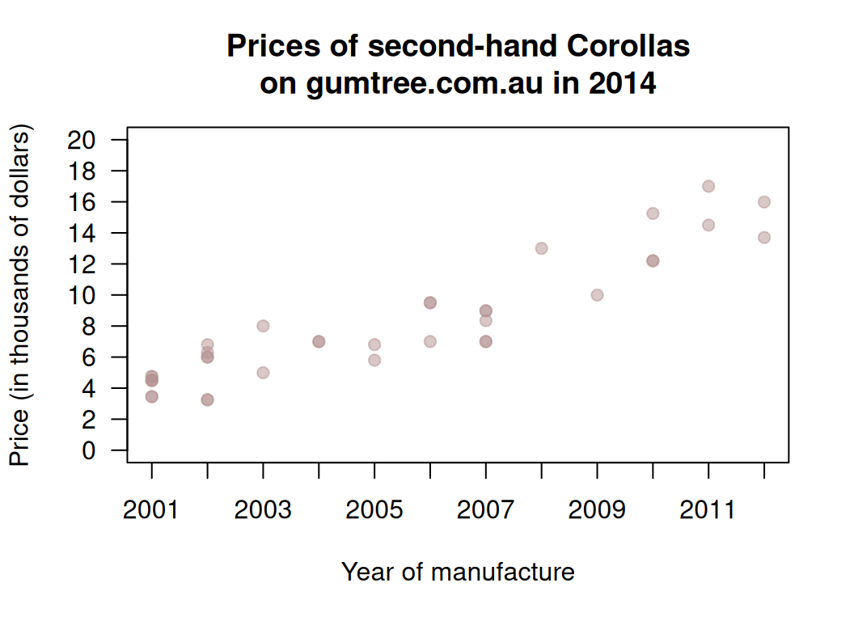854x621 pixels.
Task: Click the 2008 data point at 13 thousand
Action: (542, 248)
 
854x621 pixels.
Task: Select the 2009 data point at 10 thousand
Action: (598, 295)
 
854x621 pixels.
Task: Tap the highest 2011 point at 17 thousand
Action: (708, 186)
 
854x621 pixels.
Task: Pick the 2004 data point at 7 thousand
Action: (319, 341)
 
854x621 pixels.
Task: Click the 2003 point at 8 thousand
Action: (263, 326)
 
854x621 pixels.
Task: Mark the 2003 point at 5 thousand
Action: (263, 373)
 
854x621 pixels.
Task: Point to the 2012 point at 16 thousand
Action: (764, 202)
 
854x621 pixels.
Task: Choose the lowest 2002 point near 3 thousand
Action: (207, 399)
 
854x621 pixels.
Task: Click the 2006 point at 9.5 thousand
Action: (430, 302)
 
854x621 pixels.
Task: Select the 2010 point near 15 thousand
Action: (653, 213)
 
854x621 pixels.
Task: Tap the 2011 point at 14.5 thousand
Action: (708, 225)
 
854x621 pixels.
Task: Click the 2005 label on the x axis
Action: (374, 510)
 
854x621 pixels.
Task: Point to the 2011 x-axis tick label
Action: (708, 510)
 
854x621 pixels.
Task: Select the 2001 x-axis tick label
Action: (151, 510)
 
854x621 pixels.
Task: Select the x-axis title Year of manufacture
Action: (458, 572)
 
